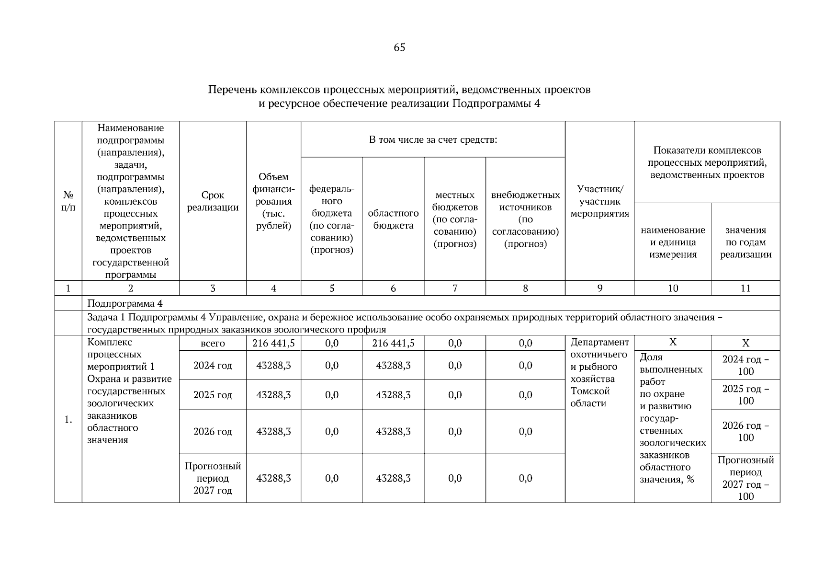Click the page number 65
pos(399,47)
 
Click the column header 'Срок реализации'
pos(213,201)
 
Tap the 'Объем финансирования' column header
pos(273,201)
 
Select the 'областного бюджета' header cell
pos(393,219)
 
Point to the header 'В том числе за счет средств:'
pos(433,140)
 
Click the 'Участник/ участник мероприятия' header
pos(599,201)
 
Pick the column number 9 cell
pos(599,288)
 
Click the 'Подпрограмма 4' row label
pos(125,304)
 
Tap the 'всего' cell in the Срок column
pos(213,344)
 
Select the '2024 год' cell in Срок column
pos(213,366)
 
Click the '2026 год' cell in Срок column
pos(213,432)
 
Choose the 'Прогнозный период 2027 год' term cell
pos(213,478)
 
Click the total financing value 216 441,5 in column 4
pos(273,343)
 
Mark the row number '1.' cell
pos(68,420)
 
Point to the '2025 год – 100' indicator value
pos(745,395)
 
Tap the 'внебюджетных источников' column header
pos(525,219)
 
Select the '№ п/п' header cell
pos(68,201)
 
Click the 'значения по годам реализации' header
pos(745,242)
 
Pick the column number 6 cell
pos(393,288)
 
